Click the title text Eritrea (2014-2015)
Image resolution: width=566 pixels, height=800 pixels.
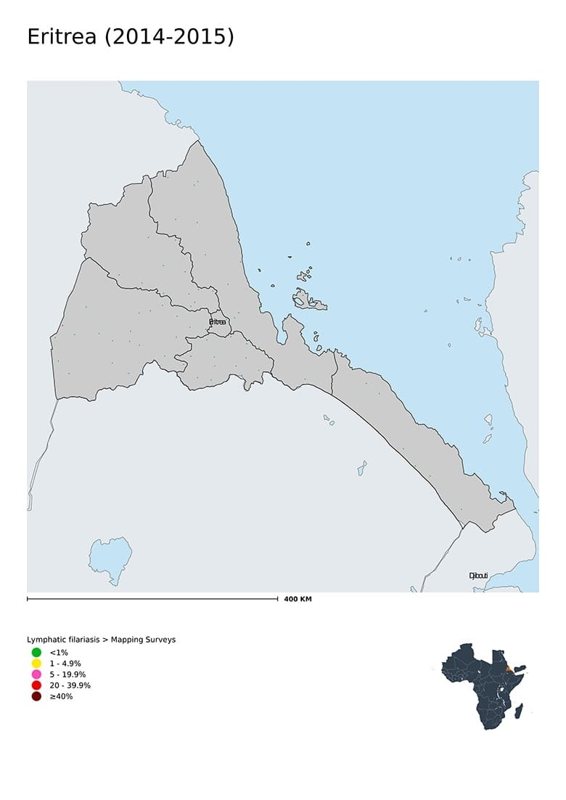tap(131, 37)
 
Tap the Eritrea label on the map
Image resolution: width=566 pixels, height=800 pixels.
tap(218, 321)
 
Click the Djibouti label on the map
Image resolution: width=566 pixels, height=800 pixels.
tap(477, 576)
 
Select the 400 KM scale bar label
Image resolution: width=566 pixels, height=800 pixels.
tap(298, 600)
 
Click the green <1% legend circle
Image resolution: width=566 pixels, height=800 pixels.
tap(36, 653)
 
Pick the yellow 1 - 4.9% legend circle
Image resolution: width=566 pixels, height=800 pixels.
tap(36, 664)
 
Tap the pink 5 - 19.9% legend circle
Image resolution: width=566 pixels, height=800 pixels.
tap(36, 675)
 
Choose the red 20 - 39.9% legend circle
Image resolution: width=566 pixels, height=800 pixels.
tap(36, 685)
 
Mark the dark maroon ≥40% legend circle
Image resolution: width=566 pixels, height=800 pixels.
tap(36, 696)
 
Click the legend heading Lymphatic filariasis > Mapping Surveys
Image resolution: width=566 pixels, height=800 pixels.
tap(101, 640)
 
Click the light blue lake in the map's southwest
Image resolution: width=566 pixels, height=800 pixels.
tap(110, 558)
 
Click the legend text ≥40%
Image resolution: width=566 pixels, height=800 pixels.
tap(61, 696)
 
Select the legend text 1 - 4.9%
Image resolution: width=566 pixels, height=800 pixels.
tap(65, 664)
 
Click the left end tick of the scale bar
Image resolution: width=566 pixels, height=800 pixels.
tap(28, 599)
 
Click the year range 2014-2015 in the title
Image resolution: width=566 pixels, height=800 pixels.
tap(170, 37)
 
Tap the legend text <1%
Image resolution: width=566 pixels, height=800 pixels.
tap(59, 653)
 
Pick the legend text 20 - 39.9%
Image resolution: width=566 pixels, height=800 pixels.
tap(70, 685)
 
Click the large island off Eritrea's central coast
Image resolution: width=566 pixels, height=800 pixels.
tap(308, 300)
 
